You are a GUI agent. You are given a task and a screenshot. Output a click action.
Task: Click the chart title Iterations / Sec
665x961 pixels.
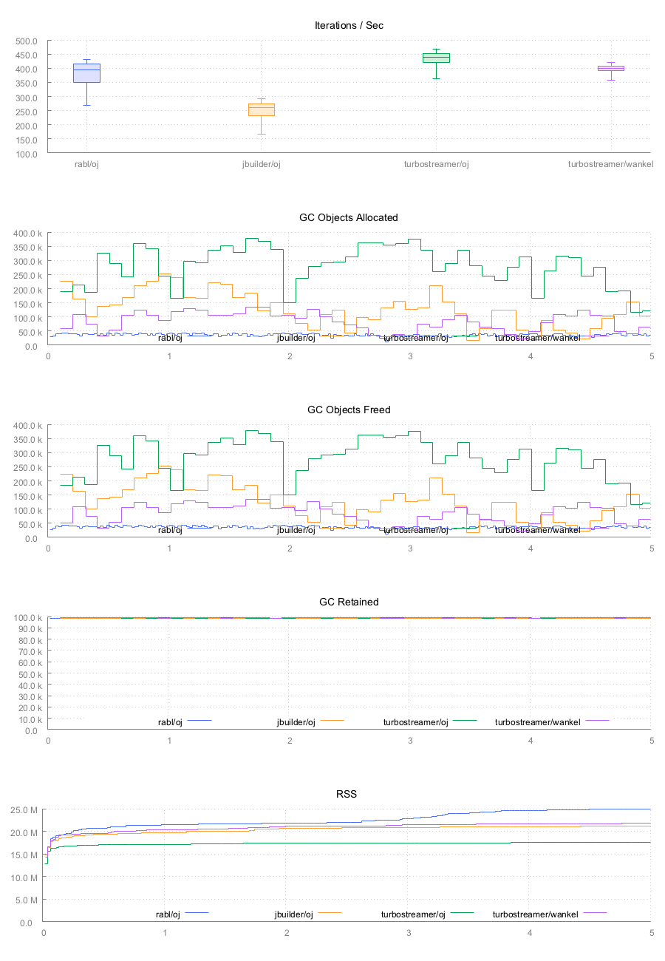point(349,25)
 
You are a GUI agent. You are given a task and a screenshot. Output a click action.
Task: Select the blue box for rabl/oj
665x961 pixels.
point(86,73)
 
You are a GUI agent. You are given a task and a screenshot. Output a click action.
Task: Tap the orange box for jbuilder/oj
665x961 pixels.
point(261,109)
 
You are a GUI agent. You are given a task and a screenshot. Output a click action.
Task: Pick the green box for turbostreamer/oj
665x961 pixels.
point(436,58)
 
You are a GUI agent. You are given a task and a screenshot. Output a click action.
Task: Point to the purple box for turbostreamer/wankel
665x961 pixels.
point(611,68)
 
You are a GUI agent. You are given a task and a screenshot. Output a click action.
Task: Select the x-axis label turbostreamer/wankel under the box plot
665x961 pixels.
point(610,164)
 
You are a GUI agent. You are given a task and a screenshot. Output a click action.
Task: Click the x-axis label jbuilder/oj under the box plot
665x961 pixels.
point(261,164)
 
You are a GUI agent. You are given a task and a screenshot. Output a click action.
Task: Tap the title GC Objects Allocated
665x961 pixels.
point(349,217)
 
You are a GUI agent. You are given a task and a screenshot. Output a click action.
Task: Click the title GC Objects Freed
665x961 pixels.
point(349,410)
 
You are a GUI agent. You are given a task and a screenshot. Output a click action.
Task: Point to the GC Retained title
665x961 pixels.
point(349,602)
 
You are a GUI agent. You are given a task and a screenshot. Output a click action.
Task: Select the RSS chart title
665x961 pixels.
point(347,794)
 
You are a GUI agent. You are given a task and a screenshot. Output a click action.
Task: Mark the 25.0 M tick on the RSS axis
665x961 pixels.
point(27,809)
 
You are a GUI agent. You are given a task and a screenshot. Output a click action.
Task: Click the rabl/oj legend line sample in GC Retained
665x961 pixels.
point(199,720)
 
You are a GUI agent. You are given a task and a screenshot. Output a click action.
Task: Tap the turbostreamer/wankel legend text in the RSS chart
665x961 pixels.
point(535,914)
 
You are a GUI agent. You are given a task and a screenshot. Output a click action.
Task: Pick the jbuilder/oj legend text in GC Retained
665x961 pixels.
point(296,722)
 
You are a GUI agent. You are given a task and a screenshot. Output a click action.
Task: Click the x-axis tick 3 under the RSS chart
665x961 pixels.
point(409,933)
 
